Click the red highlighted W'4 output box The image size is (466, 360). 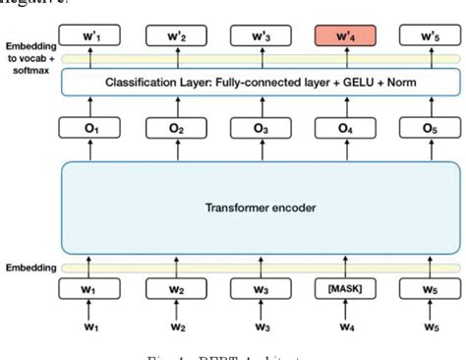coord(343,36)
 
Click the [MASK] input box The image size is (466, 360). coord(343,288)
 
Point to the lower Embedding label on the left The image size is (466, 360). coord(29,268)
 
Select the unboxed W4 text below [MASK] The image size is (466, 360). coord(343,328)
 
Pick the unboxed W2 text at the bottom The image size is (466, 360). coord(175,328)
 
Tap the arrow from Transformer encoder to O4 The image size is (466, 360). coord(343,150)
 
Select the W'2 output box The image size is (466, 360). coord(175,36)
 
